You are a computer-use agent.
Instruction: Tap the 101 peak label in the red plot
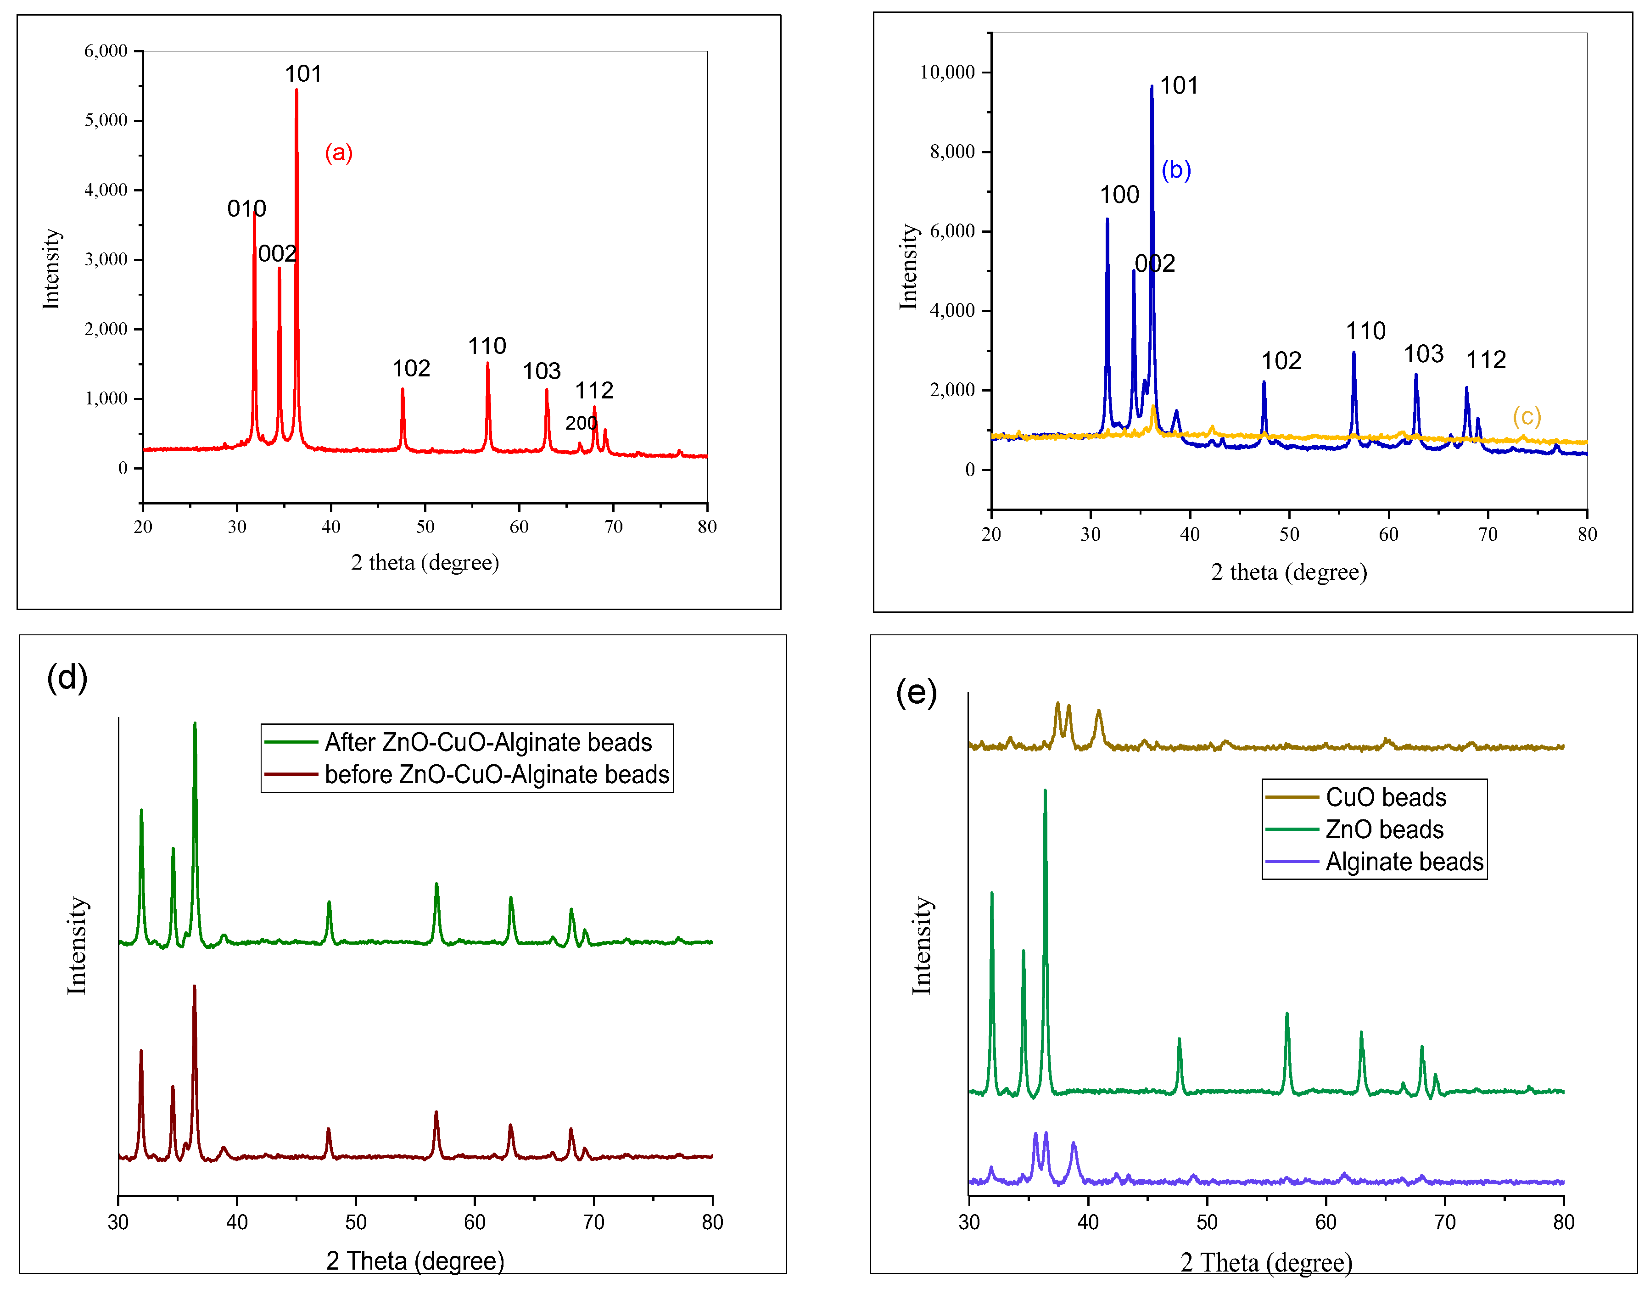click(x=303, y=74)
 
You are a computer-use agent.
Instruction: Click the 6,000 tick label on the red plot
click(x=106, y=51)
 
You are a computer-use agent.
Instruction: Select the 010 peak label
click(x=246, y=208)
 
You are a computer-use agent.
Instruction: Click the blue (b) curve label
click(x=1176, y=170)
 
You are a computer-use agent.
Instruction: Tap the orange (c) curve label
click(x=1527, y=417)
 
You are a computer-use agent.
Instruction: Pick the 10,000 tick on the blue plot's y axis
click(x=947, y=73)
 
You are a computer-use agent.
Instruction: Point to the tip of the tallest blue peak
click(x=1152, y=86)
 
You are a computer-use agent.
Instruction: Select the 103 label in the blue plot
click(x=1423, y=354)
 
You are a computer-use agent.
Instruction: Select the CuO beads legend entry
click(x=1386, y=797)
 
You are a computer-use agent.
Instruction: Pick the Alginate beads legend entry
click(x=1404, y=862)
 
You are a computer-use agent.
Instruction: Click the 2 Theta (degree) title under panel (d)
click(x=415, y=1260)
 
